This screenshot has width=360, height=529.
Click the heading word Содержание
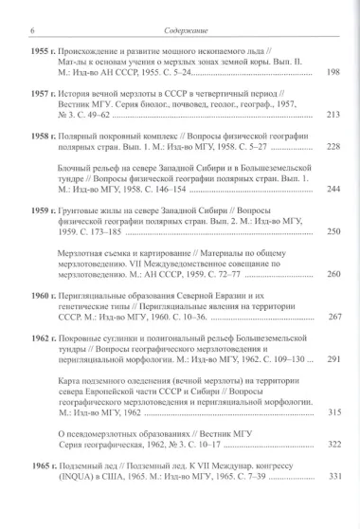coord(180,9)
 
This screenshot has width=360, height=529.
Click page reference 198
coord(333,72)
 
